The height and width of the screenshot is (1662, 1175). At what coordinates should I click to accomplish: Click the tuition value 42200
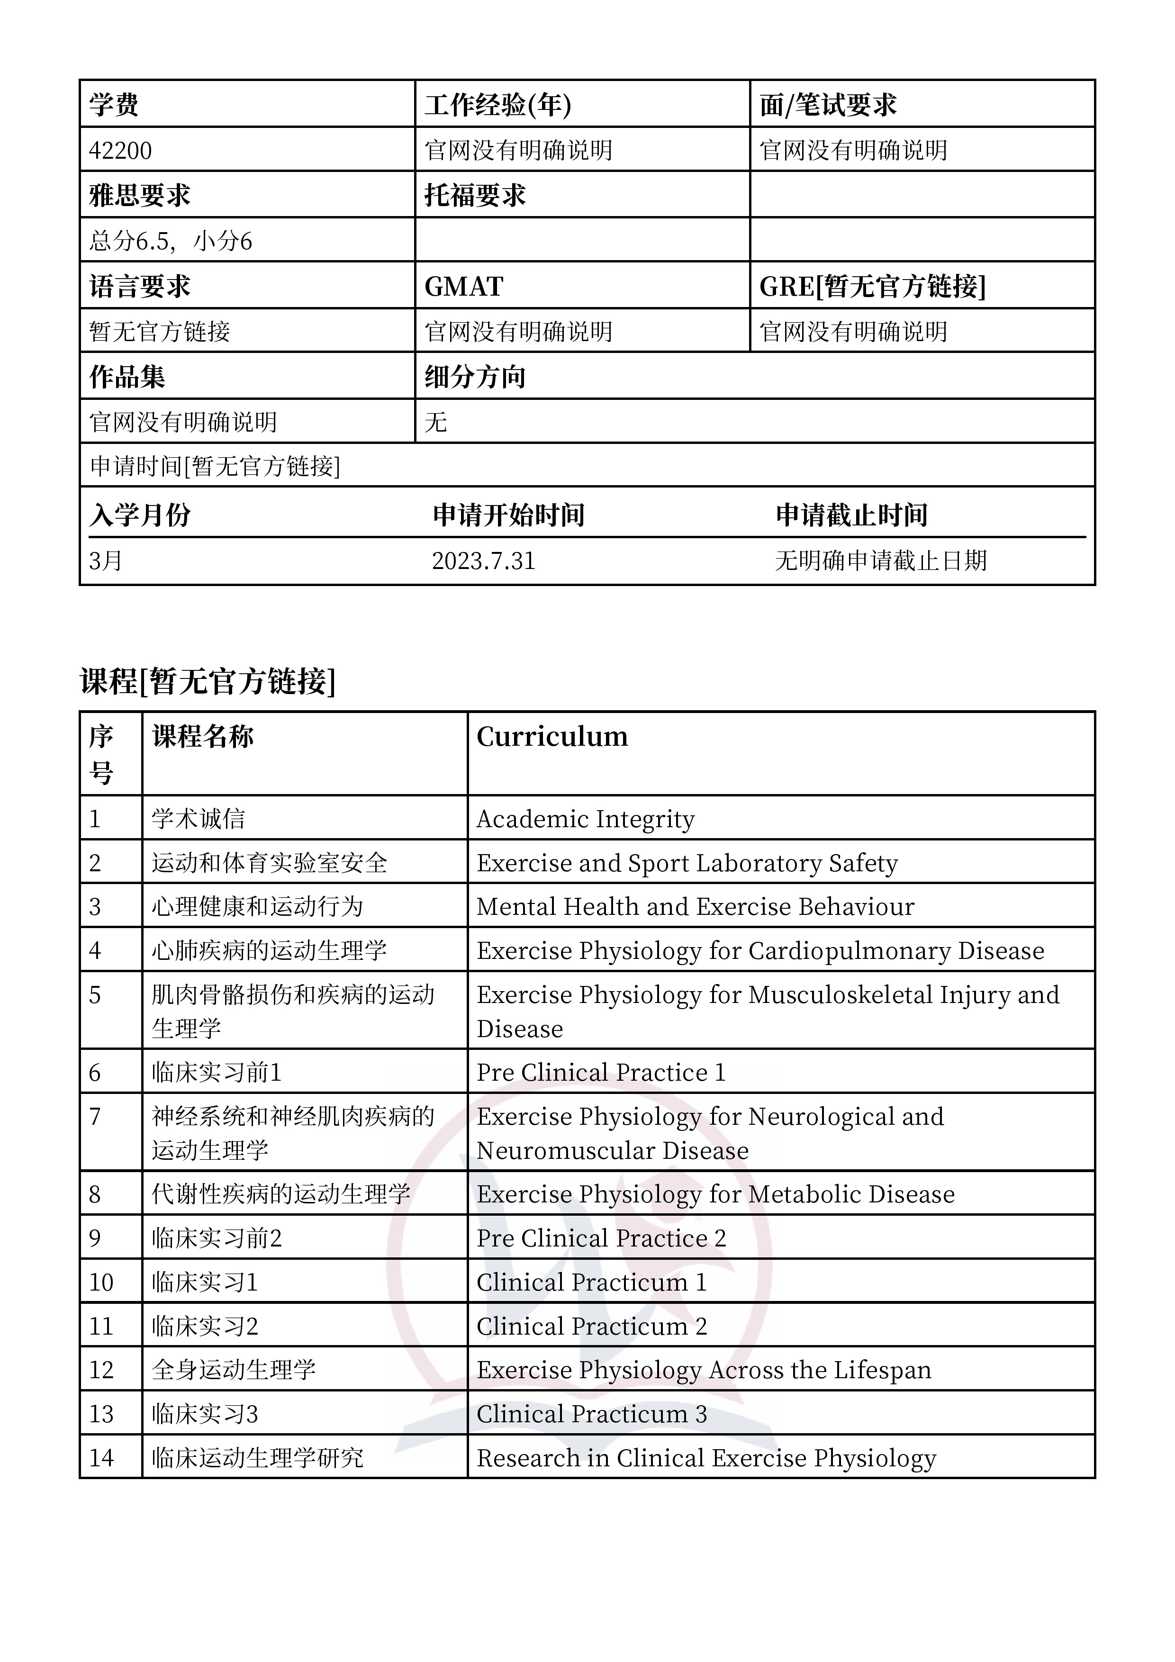click(x=120, y=151)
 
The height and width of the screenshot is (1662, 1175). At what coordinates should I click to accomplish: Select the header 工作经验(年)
click(x=497, y=105)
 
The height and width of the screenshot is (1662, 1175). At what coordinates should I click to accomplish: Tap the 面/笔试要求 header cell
click(x=828, y=105)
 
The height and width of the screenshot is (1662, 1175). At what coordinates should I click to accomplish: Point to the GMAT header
click(x=463, y=287)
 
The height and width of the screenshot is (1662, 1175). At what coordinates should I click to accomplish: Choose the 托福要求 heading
click(x=475, y=196)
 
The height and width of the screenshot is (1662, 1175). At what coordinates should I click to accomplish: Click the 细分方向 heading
click(x=475, y=377)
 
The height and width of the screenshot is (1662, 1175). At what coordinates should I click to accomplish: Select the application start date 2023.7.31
click(x=484, y=561)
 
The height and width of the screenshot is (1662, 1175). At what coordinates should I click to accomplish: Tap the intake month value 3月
click(x=106, y=561)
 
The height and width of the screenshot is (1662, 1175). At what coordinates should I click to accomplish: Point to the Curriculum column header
click(x=551, y=737)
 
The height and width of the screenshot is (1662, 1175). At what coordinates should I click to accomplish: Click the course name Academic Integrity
click(x=585, y=820)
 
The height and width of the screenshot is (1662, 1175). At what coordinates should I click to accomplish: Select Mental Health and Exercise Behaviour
click(x=695, y=907)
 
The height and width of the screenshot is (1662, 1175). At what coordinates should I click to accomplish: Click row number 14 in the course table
click(x=101, y=1458)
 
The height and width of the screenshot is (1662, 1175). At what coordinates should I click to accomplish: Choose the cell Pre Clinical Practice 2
click(x=601, y=1238)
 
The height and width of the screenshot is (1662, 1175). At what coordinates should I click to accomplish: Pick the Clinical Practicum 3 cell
click(x=591, y=1414)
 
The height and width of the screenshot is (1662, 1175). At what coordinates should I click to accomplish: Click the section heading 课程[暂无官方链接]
click(x=208, y=681)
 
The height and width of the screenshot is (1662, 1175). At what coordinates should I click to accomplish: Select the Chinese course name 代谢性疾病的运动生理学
click(x=281, y=1194)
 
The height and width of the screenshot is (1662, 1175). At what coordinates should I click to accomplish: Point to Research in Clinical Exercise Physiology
click(x=706, y=1458)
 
